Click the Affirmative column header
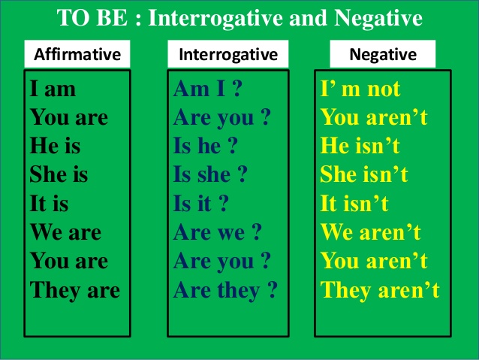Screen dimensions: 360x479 (77, 54)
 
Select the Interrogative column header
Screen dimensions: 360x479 (227, 54)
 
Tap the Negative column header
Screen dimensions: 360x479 (383, 54)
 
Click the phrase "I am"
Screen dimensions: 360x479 (53, 89)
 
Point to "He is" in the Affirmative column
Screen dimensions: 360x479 (55, 147)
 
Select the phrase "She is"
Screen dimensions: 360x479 (59, 175)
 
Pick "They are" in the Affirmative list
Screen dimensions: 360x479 (75, 289)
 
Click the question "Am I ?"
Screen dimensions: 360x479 (207, 89)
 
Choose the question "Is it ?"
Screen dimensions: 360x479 (200, 204)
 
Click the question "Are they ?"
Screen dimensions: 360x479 (225, 289)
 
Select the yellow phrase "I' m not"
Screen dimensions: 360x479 (360, 89)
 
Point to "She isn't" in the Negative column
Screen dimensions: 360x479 (364, 175)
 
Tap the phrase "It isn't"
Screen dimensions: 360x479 (355, 204)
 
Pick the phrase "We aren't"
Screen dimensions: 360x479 (371, 232)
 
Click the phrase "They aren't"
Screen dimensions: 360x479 (380, 289)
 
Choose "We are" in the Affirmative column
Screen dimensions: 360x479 (66, 232)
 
